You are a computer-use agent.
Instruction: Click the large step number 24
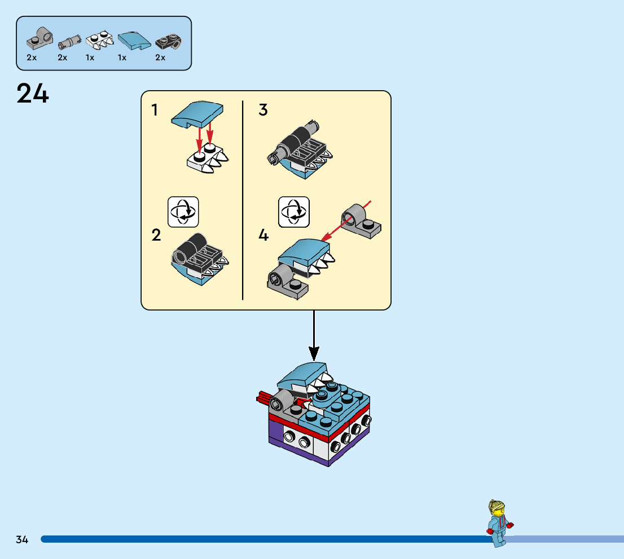click(33, 94)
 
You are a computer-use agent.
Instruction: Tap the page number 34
click(22, 540)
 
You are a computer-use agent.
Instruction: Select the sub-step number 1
click(155, 110)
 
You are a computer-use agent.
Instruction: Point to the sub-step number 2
click(156, 235)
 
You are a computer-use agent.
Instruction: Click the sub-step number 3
click(263, 110)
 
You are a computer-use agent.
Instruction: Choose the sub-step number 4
click(263, 235)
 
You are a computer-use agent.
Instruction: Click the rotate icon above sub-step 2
click(183, 212)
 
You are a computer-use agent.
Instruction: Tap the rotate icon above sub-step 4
click(294, 212)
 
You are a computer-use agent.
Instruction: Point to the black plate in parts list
click(168, 41)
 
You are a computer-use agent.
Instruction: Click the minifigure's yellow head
click(496, 508)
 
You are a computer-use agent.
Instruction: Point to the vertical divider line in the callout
click(243, 200)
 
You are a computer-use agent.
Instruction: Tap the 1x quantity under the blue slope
click(122, 57)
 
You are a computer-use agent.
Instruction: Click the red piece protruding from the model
click(263, 398)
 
